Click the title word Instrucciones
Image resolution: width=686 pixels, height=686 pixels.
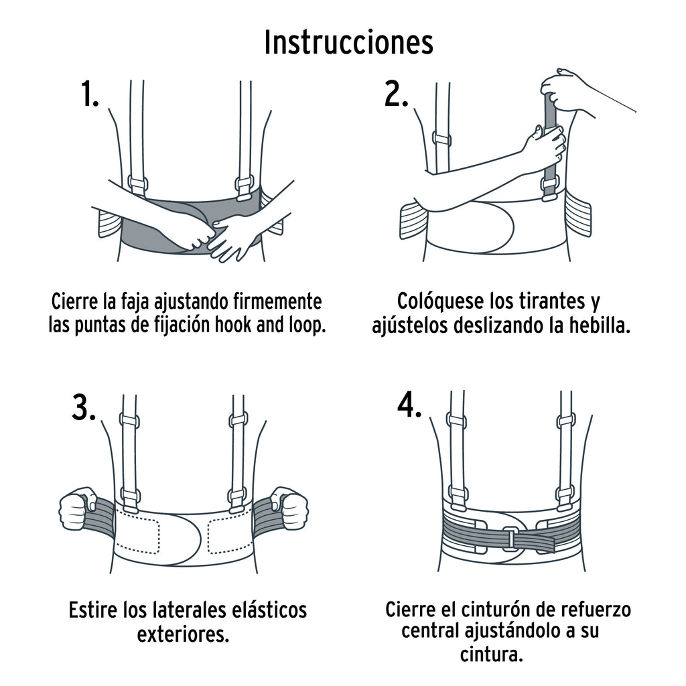pyautogui.click(x=348, y=42)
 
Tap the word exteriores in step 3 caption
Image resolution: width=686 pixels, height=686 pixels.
pyautogui.click(x=183, y=634)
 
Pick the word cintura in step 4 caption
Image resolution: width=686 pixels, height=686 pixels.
pyautogui.click(x=491, y=653)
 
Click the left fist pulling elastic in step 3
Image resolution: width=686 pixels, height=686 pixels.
pyautogui.click(x=77, y=508)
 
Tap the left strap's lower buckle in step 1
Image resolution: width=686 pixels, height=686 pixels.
pyautogui.click(x=137, y=184)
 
